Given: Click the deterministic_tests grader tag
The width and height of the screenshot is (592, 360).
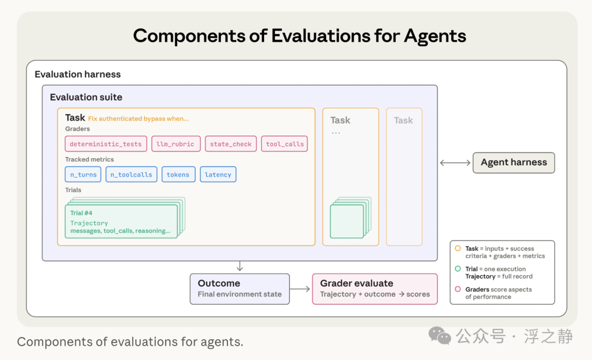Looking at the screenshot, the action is click(106, 144).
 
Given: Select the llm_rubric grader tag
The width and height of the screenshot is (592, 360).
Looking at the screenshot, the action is click(175, 144).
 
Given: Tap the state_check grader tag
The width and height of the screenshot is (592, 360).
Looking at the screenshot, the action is click(231, 144).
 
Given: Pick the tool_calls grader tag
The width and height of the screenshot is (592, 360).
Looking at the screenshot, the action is click(284, 144).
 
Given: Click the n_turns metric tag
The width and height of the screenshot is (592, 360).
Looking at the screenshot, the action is click(83, 174).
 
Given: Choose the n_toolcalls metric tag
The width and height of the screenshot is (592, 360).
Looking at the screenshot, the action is click(132, 174).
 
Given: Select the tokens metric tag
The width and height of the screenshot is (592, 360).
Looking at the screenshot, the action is click(178, 174).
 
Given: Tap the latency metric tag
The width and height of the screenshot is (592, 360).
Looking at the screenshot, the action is click(218, 174).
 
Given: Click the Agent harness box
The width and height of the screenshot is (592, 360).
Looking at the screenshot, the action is click(514, 163).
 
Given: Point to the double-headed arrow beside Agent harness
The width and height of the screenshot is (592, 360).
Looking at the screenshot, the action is click(456, 163).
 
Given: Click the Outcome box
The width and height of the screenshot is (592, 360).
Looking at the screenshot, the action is click(240, 289).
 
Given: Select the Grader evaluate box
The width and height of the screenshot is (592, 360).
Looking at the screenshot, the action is click(375, 289).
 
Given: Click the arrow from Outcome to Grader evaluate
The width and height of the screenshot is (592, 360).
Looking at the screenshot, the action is click(300, 289).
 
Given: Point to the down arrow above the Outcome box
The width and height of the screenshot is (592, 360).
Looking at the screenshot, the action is click(240, 266).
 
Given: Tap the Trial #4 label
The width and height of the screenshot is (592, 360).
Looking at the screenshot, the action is click(81, 213).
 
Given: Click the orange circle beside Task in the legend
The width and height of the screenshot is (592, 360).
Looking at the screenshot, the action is click(458, 248).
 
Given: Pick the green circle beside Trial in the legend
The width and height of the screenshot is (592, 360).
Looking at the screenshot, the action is click(458, 268).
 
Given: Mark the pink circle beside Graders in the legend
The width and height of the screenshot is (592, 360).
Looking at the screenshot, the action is click(458, 289).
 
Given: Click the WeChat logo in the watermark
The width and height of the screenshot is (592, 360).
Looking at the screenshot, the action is click(440, 335).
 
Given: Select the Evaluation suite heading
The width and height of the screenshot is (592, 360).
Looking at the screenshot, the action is click(86, 98).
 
